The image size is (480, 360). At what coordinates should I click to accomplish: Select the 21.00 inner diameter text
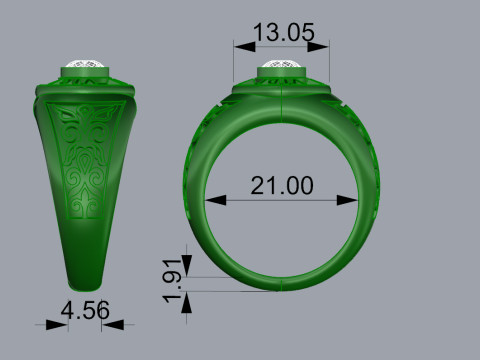[x=282, y=186]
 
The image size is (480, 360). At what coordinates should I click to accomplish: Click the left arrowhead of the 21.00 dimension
[x=212, y=200]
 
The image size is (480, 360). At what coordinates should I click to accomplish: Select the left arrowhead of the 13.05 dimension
[x=239, y=45]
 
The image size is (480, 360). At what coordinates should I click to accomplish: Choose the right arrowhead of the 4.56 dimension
[x=106, y=324]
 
